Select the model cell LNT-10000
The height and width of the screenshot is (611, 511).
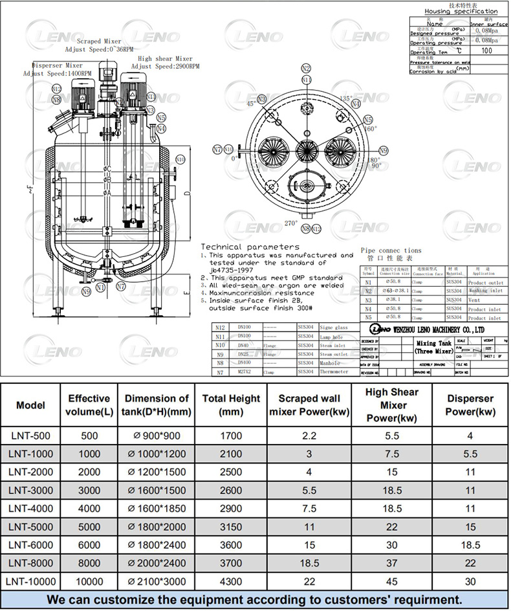pyautogui.click(x=30, y=581)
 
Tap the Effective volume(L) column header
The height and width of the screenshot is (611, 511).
pyautogui.click(x=89, y=405)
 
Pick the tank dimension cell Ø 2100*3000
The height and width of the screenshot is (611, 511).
pyautogui.click(x=157, y=581)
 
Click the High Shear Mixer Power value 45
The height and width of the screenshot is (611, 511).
pyautogui.click(x=393, y=581)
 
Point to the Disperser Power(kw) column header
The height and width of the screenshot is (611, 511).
pyautogui.click(x=470, y=405)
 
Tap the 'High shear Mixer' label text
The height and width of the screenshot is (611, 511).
pyautogui.click(x=165, y=58)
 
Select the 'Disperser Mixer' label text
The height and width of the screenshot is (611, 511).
pyautogui.click(x=58, y=65)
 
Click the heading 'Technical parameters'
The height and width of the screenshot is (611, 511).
pyautogui.click(x=250, y=247)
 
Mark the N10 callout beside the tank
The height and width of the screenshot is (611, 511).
pyautogui.click(x=180, y=159)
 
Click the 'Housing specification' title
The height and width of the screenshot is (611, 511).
pyautogui.click(x=461, y=12)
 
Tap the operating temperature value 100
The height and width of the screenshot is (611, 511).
pyautogui.click(x=486, y=50)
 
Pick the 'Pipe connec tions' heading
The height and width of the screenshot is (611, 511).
pyautogui.click(x=391, y=250)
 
